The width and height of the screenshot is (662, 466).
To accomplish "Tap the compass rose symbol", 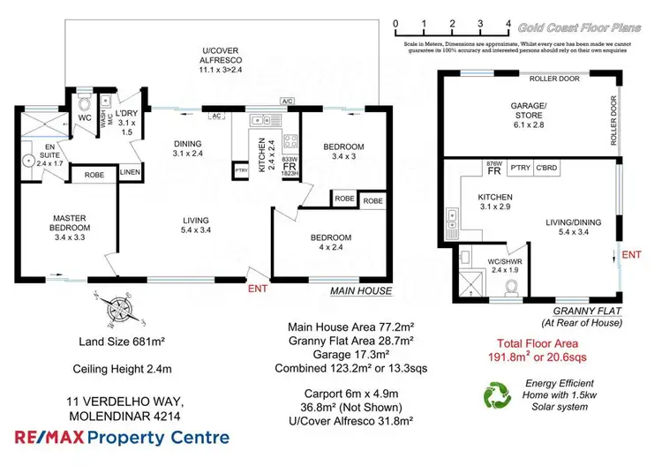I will pyautogui.click(x=112, y=309).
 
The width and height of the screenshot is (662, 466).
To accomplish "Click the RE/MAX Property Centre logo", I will pyautogui.click(x=122, y=437).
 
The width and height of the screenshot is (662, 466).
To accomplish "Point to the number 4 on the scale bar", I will pyautogui.click(x=508, y=24).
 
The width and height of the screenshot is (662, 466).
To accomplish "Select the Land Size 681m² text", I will pyautogui.click(x=108, y=341).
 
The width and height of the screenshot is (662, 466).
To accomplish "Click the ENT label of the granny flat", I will pyautogui.click(x=632, y=255).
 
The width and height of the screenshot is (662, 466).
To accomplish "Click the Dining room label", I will pyautogui.click(x=187, y=149).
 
